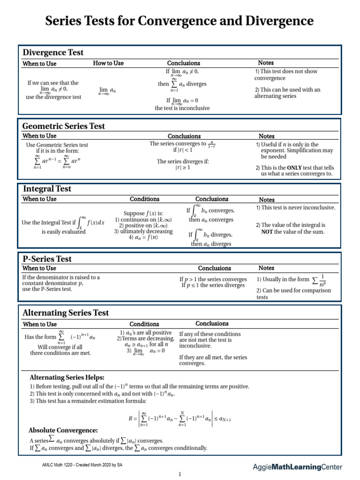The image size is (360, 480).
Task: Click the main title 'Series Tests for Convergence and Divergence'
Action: (180, 22)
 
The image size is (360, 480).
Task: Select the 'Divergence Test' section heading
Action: (53, 52)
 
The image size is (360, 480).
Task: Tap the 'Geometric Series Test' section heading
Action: (64, 126)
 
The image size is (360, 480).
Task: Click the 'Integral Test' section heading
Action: (47, 188)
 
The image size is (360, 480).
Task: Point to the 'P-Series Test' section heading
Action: (47, 258)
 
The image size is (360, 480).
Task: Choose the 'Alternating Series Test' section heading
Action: (66, 313)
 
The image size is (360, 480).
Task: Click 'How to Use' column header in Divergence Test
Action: (108, 63)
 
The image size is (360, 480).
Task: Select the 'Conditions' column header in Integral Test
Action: (144, 199)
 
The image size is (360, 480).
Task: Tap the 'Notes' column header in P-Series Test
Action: (266, 268)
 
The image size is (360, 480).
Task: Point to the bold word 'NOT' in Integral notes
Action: (267, 232)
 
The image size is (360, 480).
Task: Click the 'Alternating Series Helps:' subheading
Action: (67, 377)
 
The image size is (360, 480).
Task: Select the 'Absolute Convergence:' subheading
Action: (63, 430)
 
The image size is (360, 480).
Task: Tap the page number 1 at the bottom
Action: (179, 474)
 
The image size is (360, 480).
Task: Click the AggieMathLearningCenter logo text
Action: (297, 467)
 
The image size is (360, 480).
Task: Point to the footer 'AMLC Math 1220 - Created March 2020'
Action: (82, 465)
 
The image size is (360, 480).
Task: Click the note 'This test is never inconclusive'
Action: (296, 208)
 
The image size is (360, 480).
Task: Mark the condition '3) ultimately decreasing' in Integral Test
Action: (143, 232)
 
